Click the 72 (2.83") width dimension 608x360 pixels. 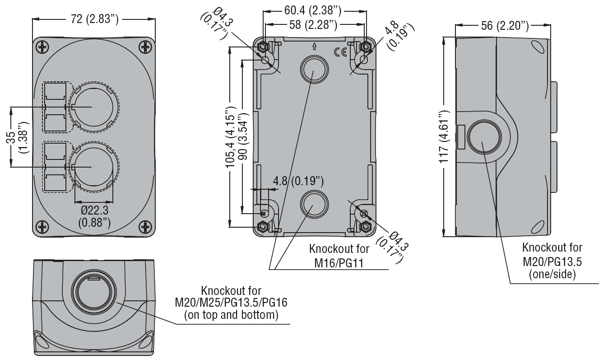click(x=94, y=19)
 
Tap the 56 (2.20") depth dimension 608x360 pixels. click(x=504, y=26)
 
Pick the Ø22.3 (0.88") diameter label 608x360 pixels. click(x=94, y=216)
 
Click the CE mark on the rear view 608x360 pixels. click(x=340, y=52)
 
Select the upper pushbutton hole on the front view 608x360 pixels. click(x=93, y=107)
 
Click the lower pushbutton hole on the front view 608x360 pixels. click(x=93, y=167)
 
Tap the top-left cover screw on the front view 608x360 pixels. click(x=43, y=46)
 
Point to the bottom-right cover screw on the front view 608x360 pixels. click(x=145, y=226)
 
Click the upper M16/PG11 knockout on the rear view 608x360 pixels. click(x=312, y=69)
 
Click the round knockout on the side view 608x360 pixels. click(x=484, y=138)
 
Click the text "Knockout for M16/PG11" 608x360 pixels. click(x=339, y=255)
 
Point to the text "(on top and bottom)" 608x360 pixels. click(x=231, y=314)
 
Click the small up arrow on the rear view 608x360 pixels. click(x=314, y=46)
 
